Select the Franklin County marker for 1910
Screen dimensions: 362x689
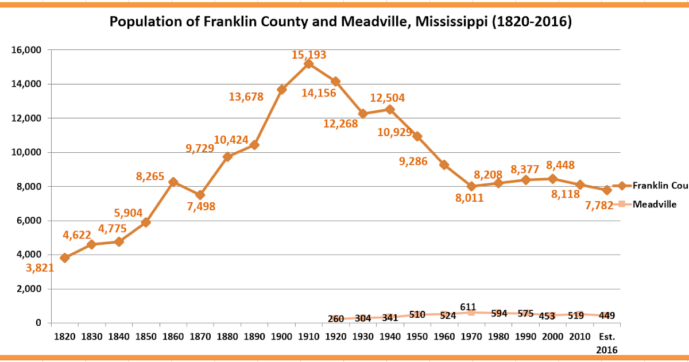309,64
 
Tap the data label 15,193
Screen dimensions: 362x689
309,55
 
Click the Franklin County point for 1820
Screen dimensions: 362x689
65,258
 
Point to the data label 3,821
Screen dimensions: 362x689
40,267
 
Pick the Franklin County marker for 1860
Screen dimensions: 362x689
173,182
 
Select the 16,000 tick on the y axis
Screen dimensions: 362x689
26,50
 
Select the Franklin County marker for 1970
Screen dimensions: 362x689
471,186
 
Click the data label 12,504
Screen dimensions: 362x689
387,98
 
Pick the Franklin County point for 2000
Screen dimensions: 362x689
553,179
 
